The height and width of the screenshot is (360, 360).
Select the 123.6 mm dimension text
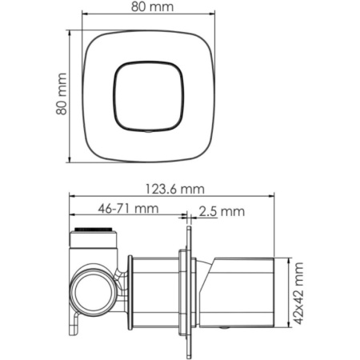[x=174, y=190]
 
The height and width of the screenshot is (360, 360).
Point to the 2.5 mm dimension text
[x=222, y=211]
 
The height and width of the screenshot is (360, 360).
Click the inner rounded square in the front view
[x=149, y=94]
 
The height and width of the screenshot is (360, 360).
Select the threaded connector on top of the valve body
[x=94, y=238]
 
